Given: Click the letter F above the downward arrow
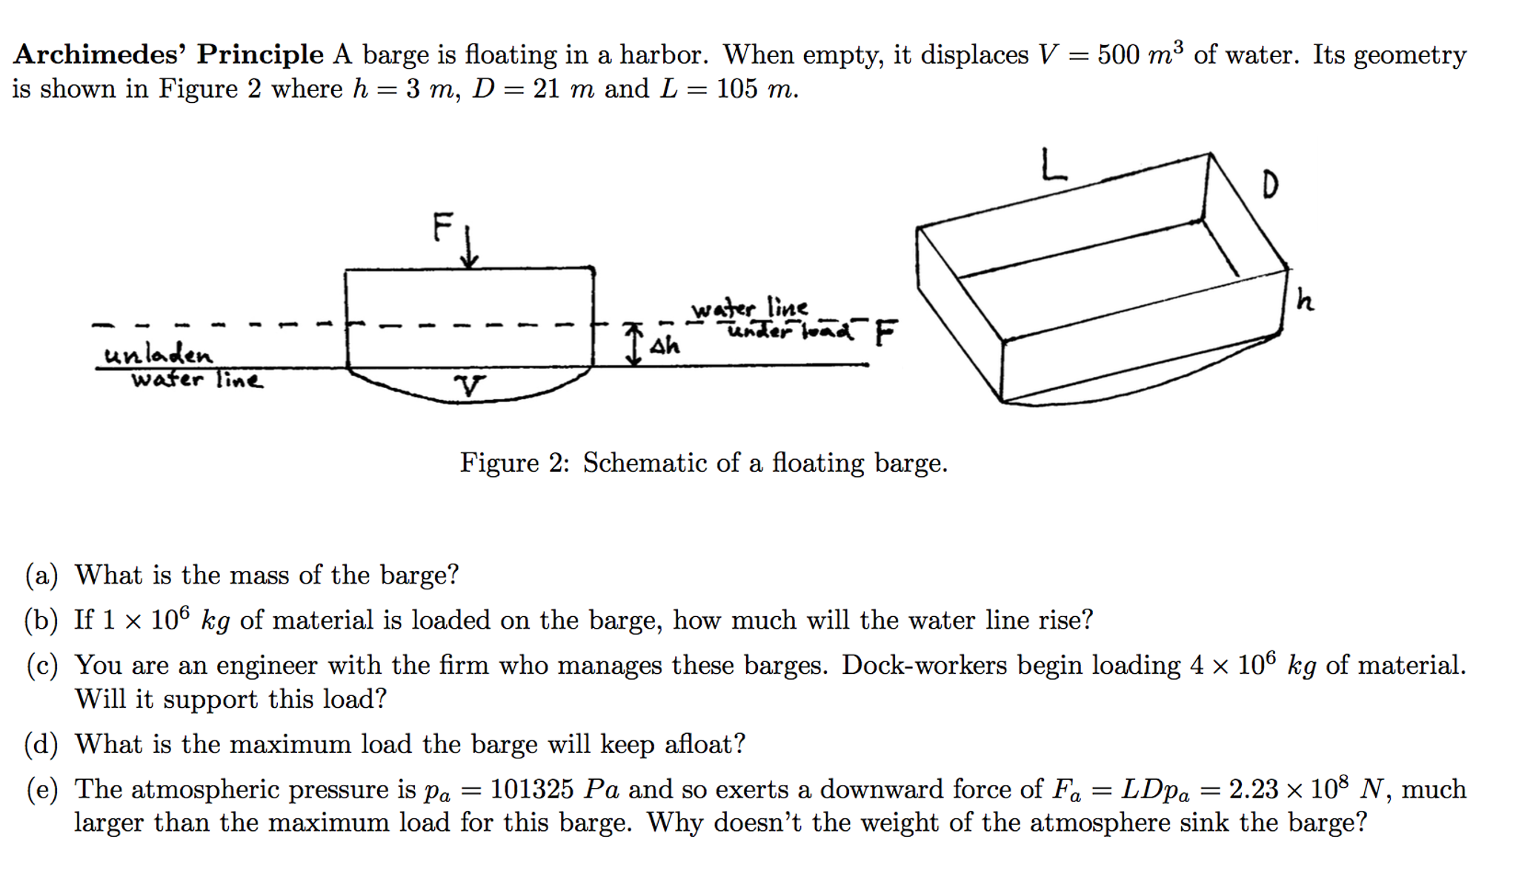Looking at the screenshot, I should coord(443,227).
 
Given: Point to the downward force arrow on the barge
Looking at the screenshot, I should coord(469,247).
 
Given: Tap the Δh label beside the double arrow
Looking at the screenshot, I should coord(665,346).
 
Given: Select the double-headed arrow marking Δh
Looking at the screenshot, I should coord(634,344).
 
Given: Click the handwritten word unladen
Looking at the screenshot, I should coord(158,355).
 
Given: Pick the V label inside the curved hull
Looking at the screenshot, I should coord(469,385).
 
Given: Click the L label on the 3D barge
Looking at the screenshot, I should coord(1053,164).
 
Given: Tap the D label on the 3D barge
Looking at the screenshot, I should coord(1270,184).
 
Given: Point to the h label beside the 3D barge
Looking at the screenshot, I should coord(1305,300).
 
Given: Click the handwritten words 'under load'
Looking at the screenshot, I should coord(790,330).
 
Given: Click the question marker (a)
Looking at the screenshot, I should coord(41,575).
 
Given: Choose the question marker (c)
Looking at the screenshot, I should coord(41,666).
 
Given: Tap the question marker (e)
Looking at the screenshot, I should coord(41,789).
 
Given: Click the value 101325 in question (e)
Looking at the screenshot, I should coord(531,789).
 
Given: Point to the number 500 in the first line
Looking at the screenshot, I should coord(1118,55).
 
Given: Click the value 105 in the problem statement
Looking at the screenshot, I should coord(737,90).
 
